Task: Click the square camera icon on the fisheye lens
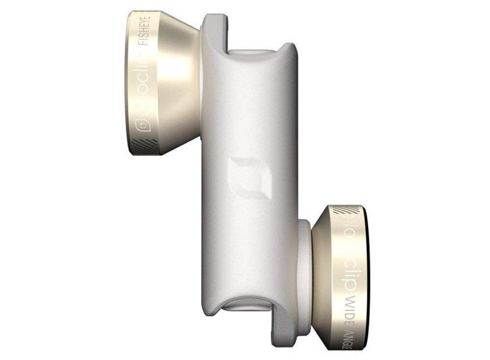pyautogui.click(x=141, y=124)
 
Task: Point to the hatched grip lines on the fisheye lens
pyautogui.click(x=141, y=144)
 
